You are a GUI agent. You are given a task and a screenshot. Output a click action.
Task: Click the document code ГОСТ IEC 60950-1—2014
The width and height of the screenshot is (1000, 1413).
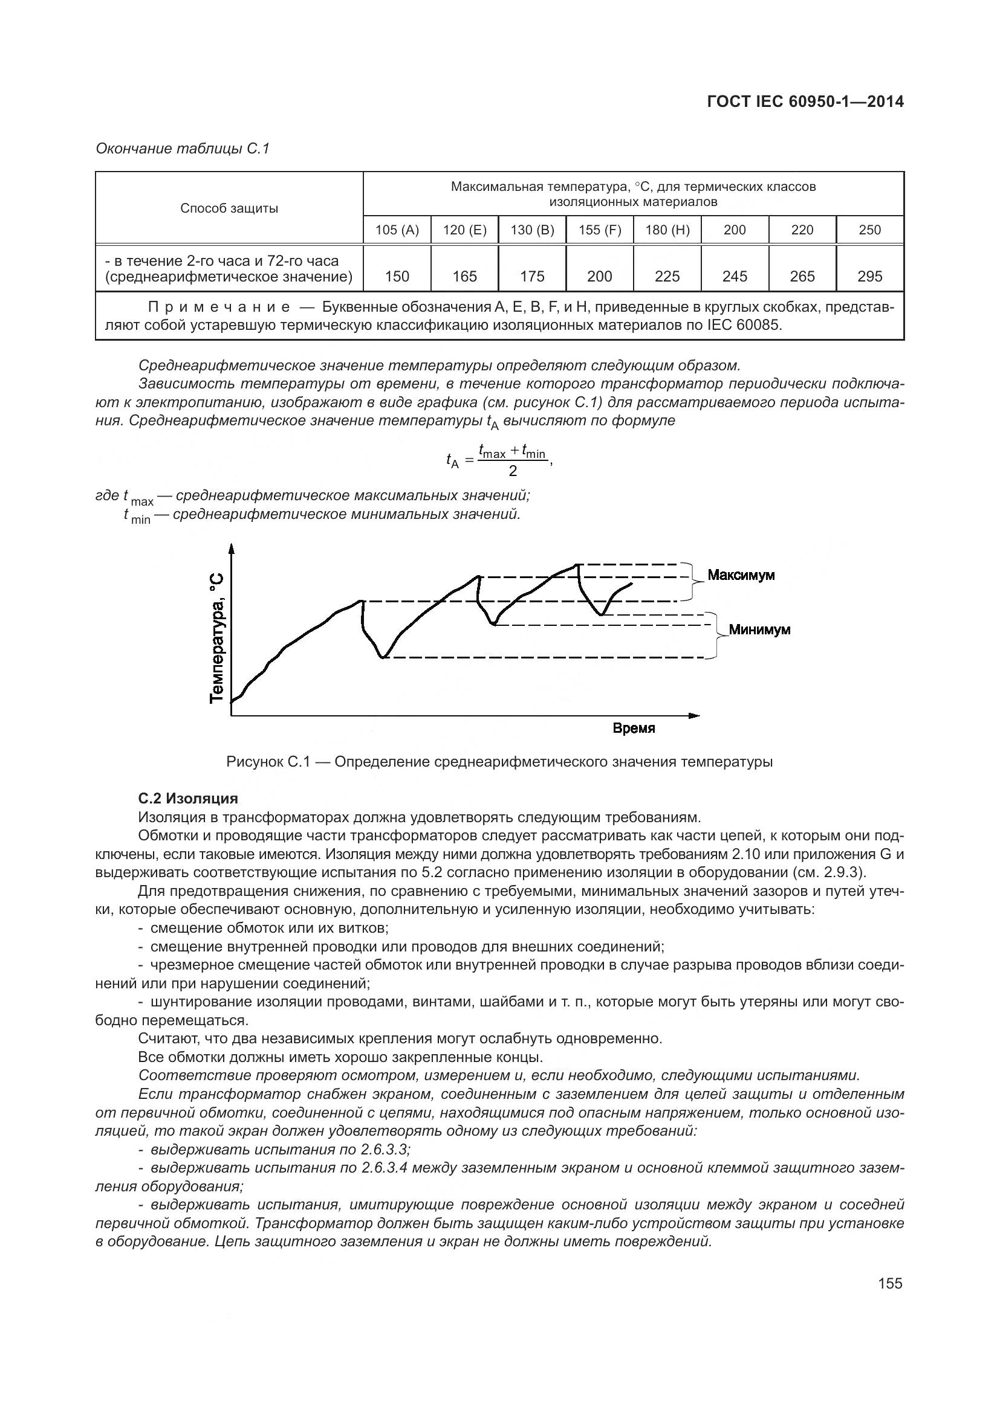[805, 101]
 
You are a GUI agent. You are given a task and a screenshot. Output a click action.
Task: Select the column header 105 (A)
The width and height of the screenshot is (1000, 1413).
[397, 230]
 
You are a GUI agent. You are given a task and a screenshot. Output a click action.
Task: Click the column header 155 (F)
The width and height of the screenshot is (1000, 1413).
[599, 230]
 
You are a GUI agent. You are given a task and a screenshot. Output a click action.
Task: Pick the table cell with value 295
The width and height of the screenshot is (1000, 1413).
[869, 276]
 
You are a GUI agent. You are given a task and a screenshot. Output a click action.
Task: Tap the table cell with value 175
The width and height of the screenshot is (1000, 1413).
[532, 276]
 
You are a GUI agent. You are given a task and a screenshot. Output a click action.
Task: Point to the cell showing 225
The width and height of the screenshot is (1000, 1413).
[667, 276]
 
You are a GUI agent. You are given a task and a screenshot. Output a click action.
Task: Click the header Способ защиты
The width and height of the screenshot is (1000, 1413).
[229, 208]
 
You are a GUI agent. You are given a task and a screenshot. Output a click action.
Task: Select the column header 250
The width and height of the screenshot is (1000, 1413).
[869, 230]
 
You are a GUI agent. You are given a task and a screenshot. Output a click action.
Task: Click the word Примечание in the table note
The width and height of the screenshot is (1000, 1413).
[219, 306]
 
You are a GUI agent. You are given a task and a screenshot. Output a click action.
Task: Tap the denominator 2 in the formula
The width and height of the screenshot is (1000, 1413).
[513, 471]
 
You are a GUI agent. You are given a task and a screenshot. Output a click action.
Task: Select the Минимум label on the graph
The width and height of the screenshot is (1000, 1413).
[759, 629]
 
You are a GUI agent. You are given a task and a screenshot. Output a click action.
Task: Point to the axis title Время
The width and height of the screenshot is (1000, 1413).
[634, 729]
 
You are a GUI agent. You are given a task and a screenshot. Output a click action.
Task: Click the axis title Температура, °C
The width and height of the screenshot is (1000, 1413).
[217, 637]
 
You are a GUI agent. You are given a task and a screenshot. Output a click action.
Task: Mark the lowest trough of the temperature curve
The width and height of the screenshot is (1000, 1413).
[383, 657]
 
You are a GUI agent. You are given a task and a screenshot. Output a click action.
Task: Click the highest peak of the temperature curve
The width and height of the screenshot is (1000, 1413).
[577, 564]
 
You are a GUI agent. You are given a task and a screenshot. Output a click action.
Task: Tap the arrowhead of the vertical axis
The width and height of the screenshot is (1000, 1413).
[232, 549]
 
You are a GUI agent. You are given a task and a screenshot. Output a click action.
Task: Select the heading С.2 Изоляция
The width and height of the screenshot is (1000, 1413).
[188, 799]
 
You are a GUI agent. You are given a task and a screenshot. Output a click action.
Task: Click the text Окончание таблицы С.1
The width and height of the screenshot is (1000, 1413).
[182, 149]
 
